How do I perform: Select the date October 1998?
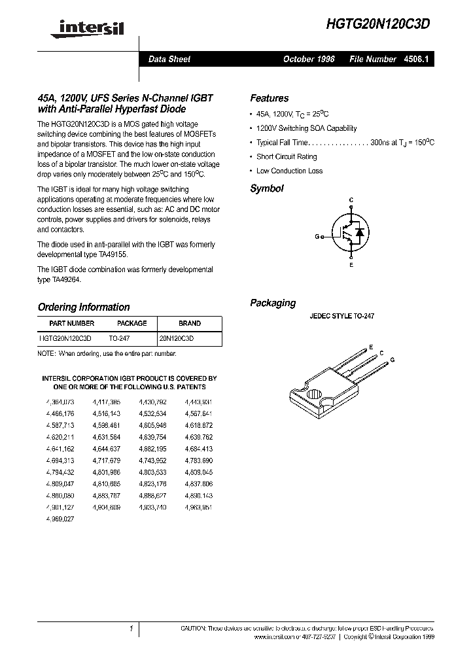point(308,60)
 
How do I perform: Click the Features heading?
point(269,98)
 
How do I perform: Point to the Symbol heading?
point(267,188)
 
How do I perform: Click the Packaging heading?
point(273,303)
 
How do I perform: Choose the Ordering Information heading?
point(84,307)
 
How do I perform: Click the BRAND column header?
point(190,323)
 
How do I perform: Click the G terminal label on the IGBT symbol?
point(317,237)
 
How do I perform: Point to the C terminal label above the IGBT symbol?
point(351,199)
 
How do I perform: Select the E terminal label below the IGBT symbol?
point(351,265)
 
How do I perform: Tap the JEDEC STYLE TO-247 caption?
point(341,316)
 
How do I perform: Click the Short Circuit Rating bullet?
point(287,157)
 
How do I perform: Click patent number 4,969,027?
point(60,519)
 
